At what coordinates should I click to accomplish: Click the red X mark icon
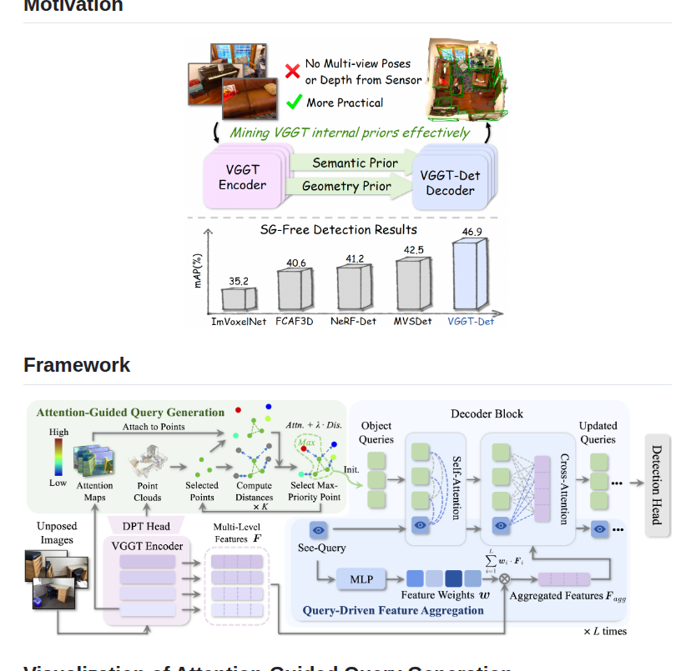293,71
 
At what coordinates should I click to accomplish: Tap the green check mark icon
294,102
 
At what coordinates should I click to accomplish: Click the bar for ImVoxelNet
239,298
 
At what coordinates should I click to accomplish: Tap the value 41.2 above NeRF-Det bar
355,258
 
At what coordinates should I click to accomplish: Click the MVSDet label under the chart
413,321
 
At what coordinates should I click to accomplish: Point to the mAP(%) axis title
198,272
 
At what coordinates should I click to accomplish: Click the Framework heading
77,365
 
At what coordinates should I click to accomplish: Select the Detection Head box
657,484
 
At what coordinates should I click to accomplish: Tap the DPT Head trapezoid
146,526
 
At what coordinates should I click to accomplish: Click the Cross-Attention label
563,488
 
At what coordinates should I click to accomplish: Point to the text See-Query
321,548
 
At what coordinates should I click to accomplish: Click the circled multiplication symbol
504,578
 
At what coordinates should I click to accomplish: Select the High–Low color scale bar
58,457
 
